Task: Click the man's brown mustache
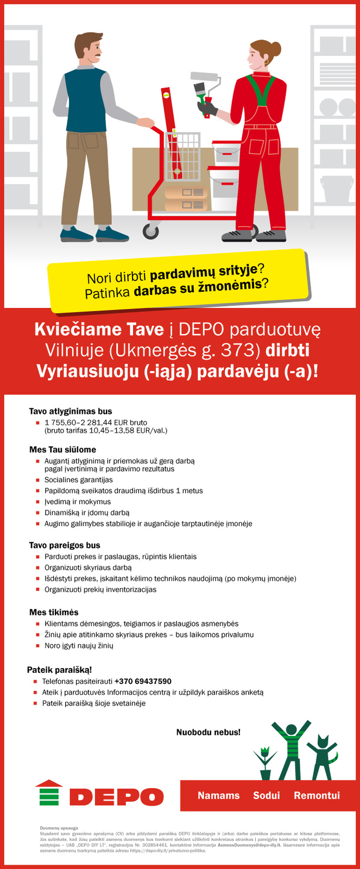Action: click(96, 56)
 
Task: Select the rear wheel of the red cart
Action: click(151, 231)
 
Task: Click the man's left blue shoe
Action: click(77, 235)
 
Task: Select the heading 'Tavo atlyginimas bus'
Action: click(71, 411)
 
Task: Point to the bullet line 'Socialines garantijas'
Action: click(79, 480)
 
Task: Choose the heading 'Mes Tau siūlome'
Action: click(62, 450)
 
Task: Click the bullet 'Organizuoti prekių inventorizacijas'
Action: click(100, 589)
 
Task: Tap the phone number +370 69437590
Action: click(143, 681)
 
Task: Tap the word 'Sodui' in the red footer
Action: click(267, 796)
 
